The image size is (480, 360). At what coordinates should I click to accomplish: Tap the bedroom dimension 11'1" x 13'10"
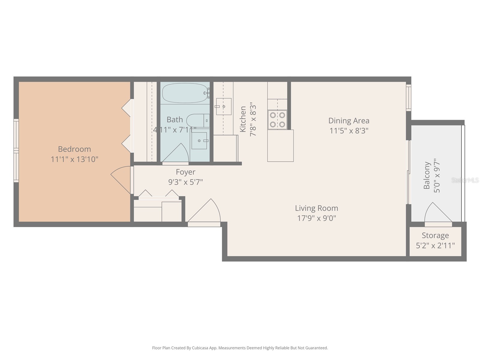click(x=74, y=159)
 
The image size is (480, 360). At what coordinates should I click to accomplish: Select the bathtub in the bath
click(x=185, y=93)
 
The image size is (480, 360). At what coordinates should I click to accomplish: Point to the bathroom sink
click(x=199, y=141)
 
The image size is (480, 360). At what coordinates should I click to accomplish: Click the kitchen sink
click(x=223, y=106)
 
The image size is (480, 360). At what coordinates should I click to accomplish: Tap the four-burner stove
click(x=277, y=119)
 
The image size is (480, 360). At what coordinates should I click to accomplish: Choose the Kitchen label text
click(x=243, y=119)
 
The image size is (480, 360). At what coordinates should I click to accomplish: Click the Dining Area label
click(x=349, y=121)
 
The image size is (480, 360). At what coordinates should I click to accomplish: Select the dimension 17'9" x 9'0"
click(x=316, y=218)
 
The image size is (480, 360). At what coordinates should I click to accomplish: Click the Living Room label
click(x=316, y=208)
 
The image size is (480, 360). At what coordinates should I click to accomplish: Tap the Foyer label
click(x=185, y=172)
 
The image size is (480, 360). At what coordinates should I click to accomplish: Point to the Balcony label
click(x=427, y=175)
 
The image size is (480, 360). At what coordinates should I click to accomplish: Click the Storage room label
click(x=435, y=235)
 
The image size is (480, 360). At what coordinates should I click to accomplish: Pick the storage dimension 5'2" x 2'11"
click(x=435, y=245)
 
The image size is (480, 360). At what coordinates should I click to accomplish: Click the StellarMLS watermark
click(x=465, y=180)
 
